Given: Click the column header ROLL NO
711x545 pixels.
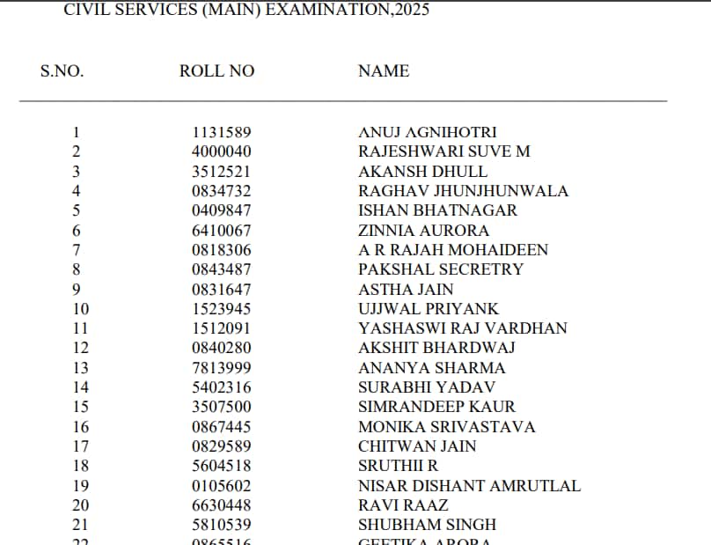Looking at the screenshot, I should coord(216,71).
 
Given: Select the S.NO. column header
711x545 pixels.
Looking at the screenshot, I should coord(62,71).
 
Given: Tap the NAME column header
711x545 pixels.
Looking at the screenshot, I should coord(384,71).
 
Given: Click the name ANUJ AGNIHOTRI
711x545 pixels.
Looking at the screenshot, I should coord(428,132).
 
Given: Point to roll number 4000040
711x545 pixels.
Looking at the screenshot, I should coord(221,151).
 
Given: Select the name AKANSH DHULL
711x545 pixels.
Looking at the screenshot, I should coord(422,172).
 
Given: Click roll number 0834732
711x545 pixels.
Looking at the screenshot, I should coord(221,191).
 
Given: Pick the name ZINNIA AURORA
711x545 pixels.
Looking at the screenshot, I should coord(423,231).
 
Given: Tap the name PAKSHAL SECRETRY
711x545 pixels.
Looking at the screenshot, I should coord(441,269).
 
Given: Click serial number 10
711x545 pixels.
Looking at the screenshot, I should coord(80,309).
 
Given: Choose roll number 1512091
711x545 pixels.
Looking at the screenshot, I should coord(221,328).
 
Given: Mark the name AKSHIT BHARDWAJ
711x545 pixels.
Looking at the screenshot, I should coord(436,348).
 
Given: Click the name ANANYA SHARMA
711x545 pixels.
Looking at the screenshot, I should coord(432,368).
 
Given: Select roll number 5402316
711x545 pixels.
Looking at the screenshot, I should coord(221,387).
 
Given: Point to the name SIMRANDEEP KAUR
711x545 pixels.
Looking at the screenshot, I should coord(436,407).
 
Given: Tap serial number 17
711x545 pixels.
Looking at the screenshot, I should coord(80,446).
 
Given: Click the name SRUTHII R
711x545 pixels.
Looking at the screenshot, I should coord(398,466).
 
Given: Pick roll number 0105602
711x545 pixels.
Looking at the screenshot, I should coord(221,486).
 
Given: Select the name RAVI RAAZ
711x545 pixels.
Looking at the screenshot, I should coord(403,505).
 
